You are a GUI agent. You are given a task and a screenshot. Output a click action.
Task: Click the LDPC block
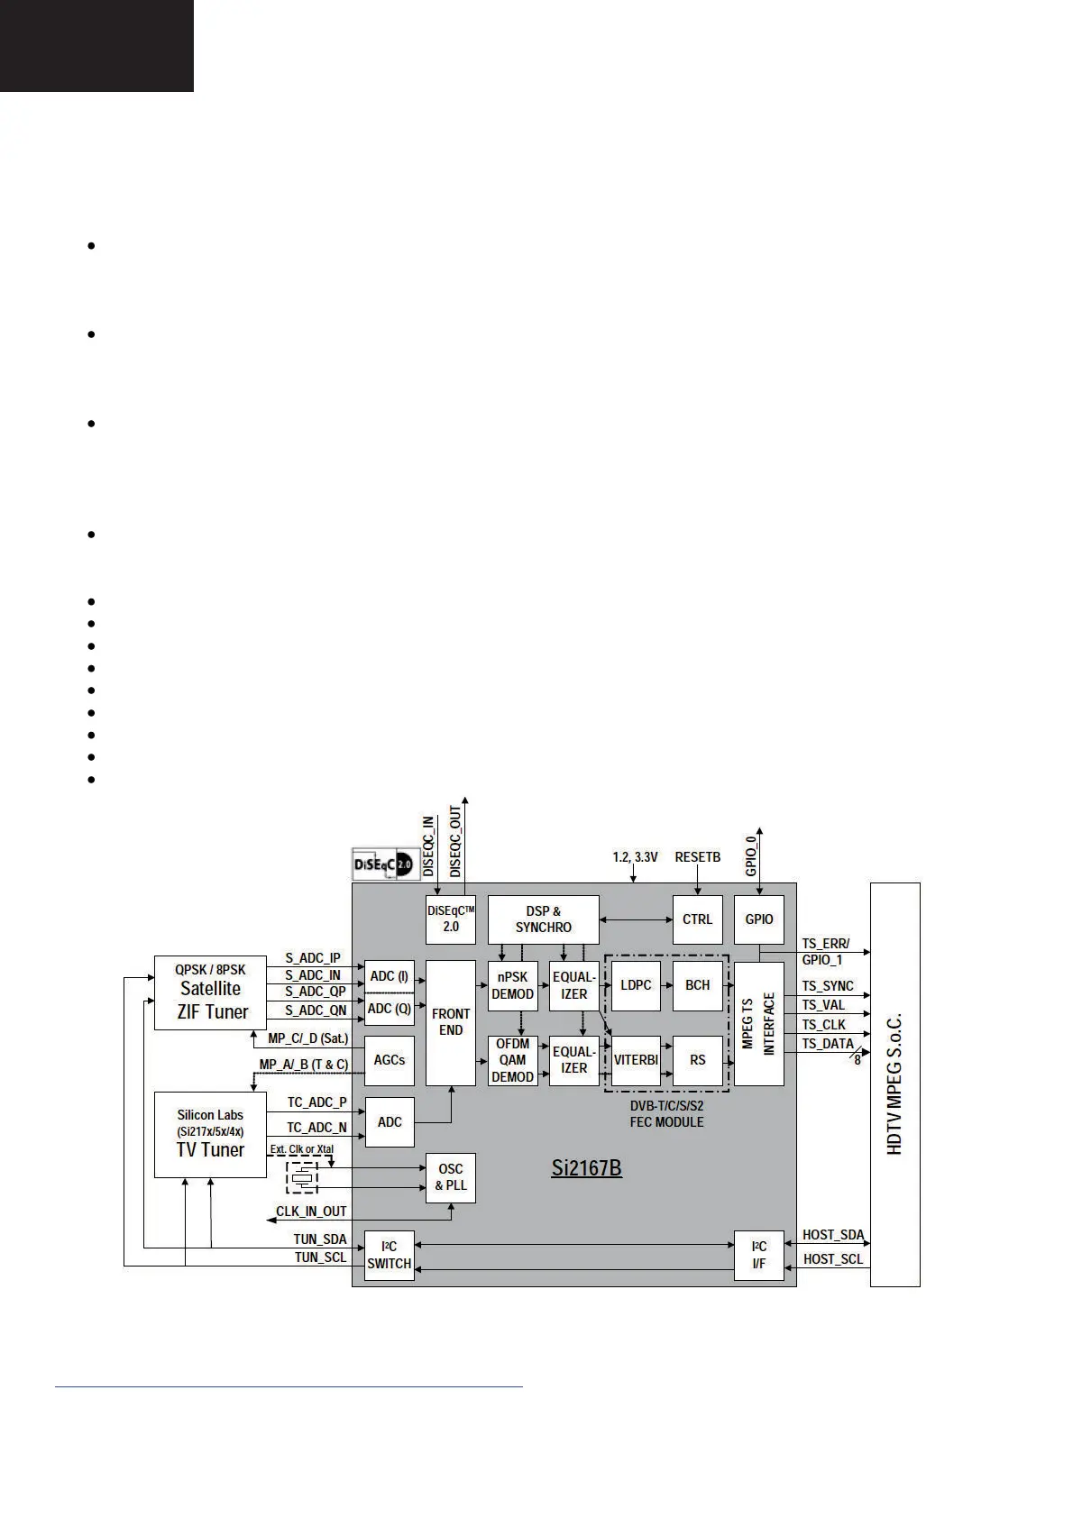click(636, 985)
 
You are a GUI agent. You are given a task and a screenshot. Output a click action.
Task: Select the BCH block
click(697, 985)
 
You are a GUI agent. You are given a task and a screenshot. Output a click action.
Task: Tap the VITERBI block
click(636, 1060)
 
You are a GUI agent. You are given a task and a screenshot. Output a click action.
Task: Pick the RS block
click(697, 1060)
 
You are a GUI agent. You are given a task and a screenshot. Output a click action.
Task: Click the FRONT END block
click(450, 1022)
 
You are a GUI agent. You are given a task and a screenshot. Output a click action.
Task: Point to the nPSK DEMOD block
click(512, 985)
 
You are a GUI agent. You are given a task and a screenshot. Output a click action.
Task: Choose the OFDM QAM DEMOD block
click(512, 1060)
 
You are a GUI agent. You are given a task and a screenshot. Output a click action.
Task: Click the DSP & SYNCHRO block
click(543, 919)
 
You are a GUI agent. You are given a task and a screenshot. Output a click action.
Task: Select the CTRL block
click(697, 919)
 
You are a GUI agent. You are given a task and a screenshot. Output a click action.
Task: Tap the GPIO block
click(758, 919)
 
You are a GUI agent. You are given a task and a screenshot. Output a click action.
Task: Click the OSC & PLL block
click(450, 1177)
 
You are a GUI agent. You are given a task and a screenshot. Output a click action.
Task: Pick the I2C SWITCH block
click(389, 1255)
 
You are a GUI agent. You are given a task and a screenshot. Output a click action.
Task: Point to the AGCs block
click(389, 1060)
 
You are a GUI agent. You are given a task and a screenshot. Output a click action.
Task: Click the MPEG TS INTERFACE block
click(758, 1023)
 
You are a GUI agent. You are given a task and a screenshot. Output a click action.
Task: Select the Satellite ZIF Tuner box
click(210, 992)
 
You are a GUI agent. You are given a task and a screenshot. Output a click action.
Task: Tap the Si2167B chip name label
click(586, 1168)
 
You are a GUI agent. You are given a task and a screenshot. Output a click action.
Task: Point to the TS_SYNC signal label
click(828, 986)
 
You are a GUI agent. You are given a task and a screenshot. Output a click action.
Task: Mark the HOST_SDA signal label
click(833, 1235)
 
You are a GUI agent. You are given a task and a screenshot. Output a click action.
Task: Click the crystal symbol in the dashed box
click(302, 1176)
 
